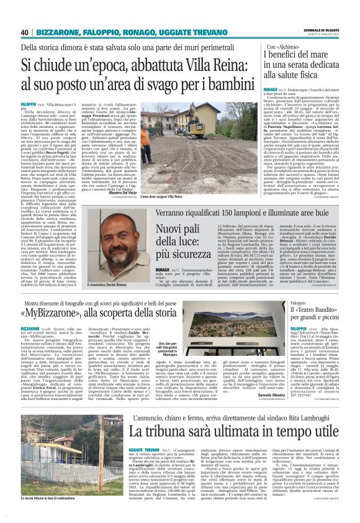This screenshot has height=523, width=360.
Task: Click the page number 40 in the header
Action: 25,32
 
